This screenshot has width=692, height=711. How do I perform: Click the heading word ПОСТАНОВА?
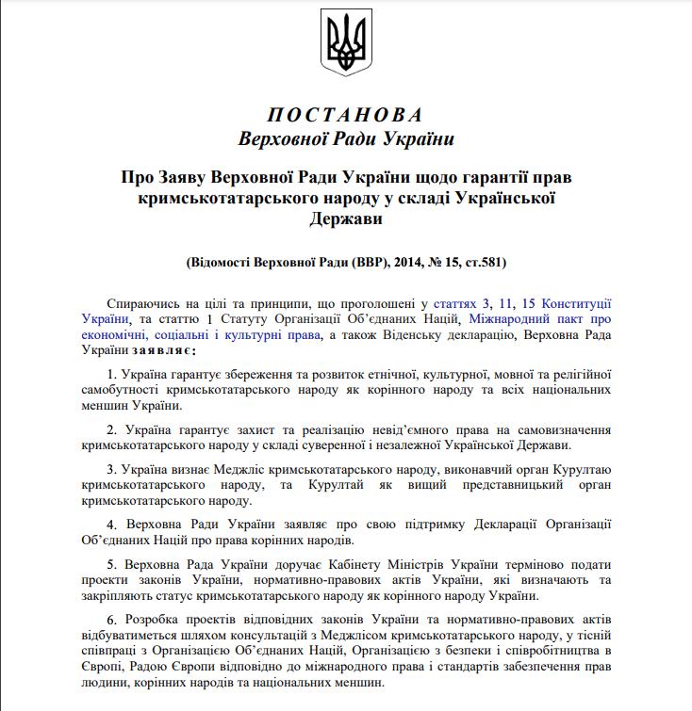pos(346,116)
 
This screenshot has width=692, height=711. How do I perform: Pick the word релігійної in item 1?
pos(581,374)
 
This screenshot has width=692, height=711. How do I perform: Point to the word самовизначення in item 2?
pos(564,429)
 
